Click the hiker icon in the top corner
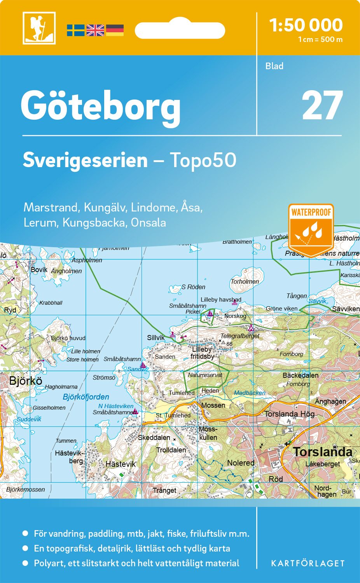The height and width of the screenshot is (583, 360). tap(39, 28)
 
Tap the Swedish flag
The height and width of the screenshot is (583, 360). tap(75, 30)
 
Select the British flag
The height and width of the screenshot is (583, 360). tap(95, 30)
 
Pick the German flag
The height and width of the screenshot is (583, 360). tap(115, 30)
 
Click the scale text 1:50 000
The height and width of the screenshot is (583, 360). tap(306, 25)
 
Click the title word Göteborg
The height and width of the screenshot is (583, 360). tap(101, 106)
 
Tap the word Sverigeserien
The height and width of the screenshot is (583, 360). tap(85, 160)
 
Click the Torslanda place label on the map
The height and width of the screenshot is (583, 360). tap(322, 452)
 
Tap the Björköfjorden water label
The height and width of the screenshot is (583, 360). tap(86, 397)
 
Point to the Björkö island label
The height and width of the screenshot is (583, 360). tap(26, 381)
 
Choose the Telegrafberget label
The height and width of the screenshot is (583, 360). tap(239, 336)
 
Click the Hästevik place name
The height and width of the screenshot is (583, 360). tap(121, 464)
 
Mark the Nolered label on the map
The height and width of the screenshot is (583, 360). tap(241, 463)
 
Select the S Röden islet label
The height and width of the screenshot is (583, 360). tap(193, 287)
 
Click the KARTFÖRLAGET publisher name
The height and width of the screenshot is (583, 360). tap(308, 563)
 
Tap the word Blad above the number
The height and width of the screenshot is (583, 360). tap(274, 66)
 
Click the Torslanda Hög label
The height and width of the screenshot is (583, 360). tap(289, 414)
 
